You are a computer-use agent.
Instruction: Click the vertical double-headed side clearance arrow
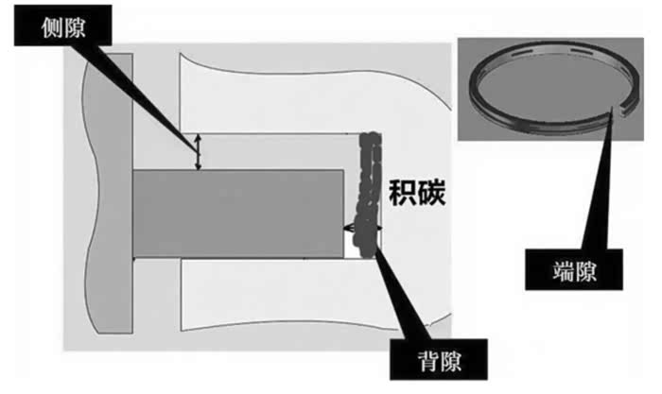click(x=198, y=152)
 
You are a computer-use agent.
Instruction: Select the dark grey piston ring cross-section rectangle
click(x=237, y=213)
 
